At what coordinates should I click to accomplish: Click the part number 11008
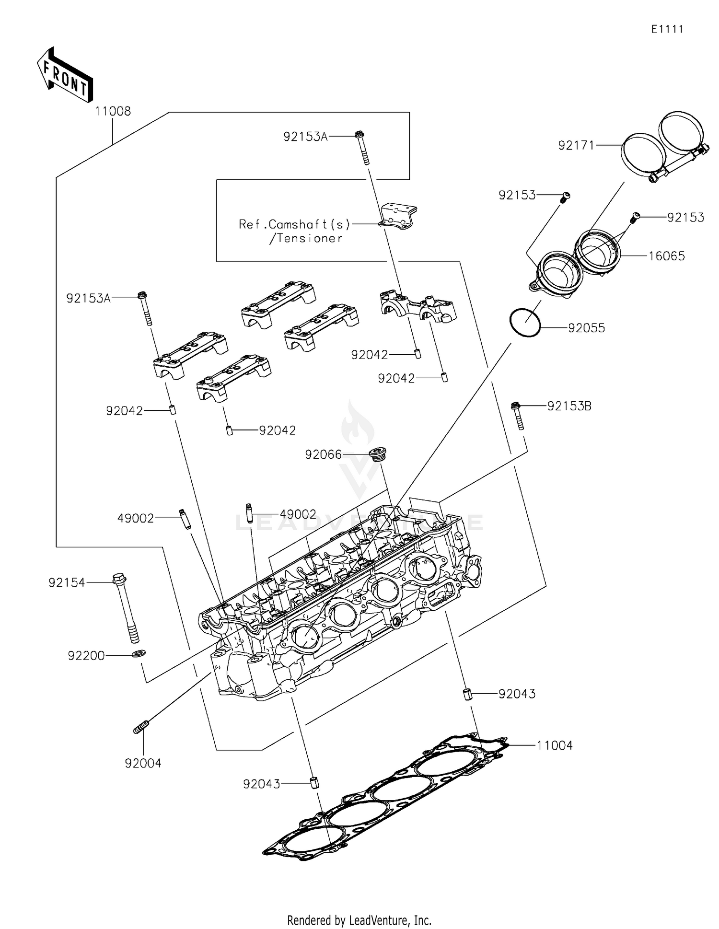[x=113, y=111]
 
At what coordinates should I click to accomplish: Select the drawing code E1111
[x=667, y=29]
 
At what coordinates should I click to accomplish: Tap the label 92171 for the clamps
[x=576, y=145]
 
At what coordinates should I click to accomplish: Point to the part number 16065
[x=666, y=256]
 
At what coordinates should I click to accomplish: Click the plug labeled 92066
[x=378, y=453]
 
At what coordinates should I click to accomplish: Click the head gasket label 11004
[x=554, y=745]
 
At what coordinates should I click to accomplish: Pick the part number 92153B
[x=569, y=406]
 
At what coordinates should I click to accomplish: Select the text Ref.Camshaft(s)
[x=295, y=224]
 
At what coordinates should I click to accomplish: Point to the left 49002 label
[x=136, y=518]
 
